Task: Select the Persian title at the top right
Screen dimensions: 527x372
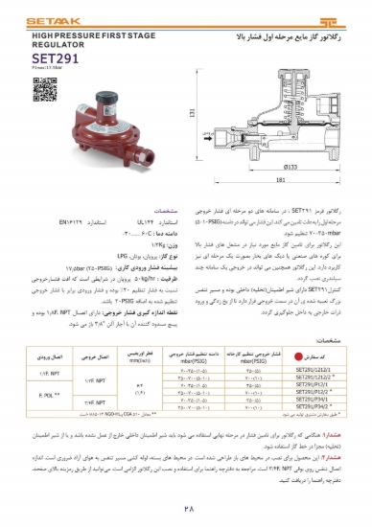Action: pyautogui.click(x=270, y=34)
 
